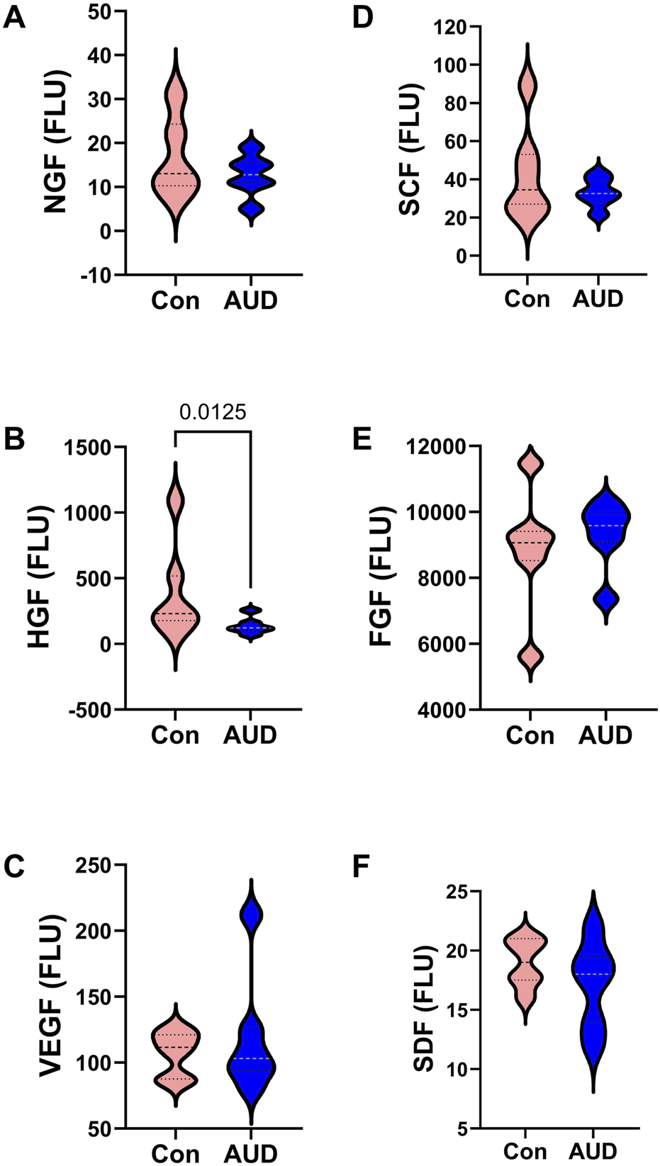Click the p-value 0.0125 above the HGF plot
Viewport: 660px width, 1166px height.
tap(212, 412)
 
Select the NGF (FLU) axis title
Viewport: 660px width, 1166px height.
tap(55, 142)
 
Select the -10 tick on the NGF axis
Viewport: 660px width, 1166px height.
tap(96, 276)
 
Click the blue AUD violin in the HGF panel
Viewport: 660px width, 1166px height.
tap(250, 627)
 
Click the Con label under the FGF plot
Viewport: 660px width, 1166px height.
tap(530, 735)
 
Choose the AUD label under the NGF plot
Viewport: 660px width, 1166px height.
tap(250, 301)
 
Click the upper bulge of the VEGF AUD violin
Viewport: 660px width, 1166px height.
tap(251, 915)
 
